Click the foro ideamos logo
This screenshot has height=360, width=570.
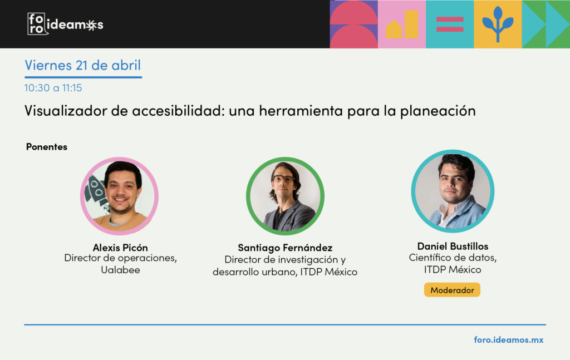[x=66, y=24]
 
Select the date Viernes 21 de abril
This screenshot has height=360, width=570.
[x=82, y=65]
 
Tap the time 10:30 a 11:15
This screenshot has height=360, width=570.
[x=53, y=88]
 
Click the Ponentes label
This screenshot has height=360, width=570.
[x=47, y=147]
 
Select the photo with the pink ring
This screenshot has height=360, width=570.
[x=119, y=196]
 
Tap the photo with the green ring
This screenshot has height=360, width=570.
[x=285, y=196]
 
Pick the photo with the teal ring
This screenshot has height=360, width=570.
[x=453, y=191]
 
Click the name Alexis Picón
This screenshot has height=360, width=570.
[x=120, y=248]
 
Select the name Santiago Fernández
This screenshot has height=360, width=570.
[x=285, y=248]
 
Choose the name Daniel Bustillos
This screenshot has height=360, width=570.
[x=453, y=246]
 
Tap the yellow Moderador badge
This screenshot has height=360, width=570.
[x=452, y=290]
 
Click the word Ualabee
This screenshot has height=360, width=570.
[x=120, y=270]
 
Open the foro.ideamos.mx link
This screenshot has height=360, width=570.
[x=509, y=339]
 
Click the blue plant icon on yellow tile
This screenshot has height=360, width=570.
[x=498, y=24]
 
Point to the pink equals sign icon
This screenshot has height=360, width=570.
[x=450, y=24]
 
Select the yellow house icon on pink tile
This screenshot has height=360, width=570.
[x=394, y=29]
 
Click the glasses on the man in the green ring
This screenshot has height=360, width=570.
[x=283, y=179]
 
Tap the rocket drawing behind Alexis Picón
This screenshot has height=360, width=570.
[x=95, y=191]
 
